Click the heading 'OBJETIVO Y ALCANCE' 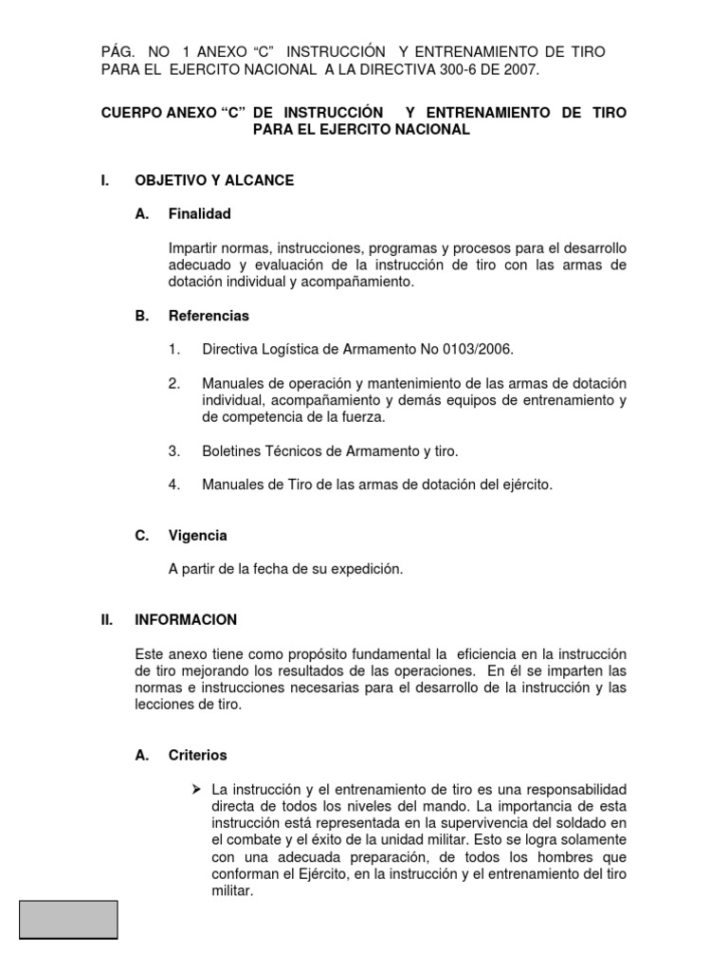coord(214,180)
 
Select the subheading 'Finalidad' coord(199,213)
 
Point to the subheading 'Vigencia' coord(197,536)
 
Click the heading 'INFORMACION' coord(186,620)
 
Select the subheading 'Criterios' coord(197,756)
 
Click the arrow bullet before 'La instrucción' coord(196,789)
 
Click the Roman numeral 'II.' coord(107,620)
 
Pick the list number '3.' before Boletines coord(174,451)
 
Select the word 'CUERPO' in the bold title coord(131,112)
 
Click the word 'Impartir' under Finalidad coord(193,247)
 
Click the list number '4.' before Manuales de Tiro coord(174,485)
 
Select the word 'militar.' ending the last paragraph coord(233,891)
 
